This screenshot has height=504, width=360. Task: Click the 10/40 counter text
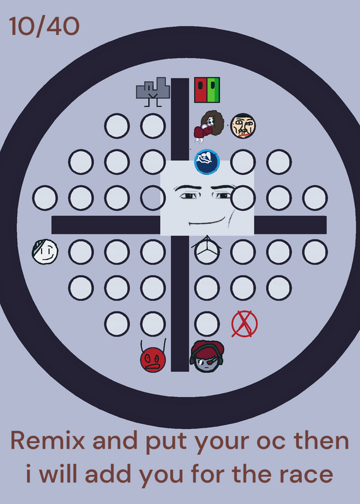click(x=44, y=26)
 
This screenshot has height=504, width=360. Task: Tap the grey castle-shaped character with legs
click(x=153, y=91)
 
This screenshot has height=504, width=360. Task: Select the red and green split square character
click(x=207, y=90)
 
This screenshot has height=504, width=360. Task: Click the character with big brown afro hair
click(x=209, y=126)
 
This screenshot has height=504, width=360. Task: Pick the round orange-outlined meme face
click(x=243, y=125)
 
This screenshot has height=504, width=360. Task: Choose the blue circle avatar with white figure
click(x=207, y=162)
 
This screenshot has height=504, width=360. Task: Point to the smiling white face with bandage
click(x=45, y=251)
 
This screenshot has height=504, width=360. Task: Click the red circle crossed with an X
click(x=245, y=324)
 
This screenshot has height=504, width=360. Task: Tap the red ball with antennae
click(x=153, y=358)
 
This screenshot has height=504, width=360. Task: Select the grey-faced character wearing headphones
click(x=207, y=357)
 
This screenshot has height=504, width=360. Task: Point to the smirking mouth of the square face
click(x=207, y=222)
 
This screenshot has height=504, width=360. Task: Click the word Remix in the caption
click(x=48, y=440)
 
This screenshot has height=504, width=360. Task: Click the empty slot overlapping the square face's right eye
click(x=243, y=198)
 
